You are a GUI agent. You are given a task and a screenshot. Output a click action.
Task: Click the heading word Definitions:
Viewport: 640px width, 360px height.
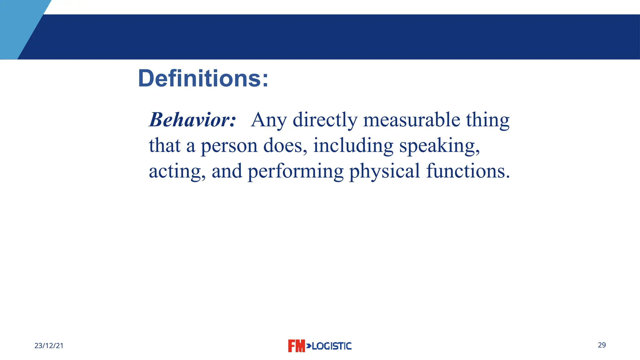pyautogui.click(x=203, y=78)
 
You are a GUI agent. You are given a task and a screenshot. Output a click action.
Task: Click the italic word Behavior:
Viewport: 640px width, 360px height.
pyautogui.click(x=192, y=120)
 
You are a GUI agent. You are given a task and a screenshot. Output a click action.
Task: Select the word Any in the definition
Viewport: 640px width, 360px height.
pyautogui.click(x=269, y=120)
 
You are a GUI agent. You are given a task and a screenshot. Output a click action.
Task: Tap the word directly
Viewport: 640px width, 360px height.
pyautogui.click(x=325, y=120)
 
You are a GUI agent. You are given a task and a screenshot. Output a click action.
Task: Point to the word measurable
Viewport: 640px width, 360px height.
pyautogui.click(x=412, y=120)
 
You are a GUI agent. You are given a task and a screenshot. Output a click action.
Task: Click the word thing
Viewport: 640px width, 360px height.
pyautogui.click(x=487, y=120)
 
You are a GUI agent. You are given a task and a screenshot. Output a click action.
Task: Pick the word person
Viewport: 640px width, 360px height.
pyautogui.click(x=229, y=146)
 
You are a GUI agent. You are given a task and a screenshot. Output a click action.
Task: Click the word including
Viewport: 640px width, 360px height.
pyautogui.click(x=353, y=146)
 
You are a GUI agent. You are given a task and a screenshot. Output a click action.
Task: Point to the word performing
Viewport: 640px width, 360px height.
pyautogui.click(x=296, y=172)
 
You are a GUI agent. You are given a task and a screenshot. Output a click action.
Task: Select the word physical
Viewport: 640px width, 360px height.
pyautogui.click(x=384, y=172)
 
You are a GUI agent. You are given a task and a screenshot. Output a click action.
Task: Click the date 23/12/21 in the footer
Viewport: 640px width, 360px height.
pyautogui.click(x=49, y=346)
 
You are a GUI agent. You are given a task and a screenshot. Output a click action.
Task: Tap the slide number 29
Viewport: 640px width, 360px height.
pyautogui.click(x=602, y=345)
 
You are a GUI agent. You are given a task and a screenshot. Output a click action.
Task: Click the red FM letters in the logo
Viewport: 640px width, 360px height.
pyautogui.click(x=296, y=346)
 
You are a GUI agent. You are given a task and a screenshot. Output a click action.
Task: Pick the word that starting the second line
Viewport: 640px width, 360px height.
pyautogui.click(x=165, y=146)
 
